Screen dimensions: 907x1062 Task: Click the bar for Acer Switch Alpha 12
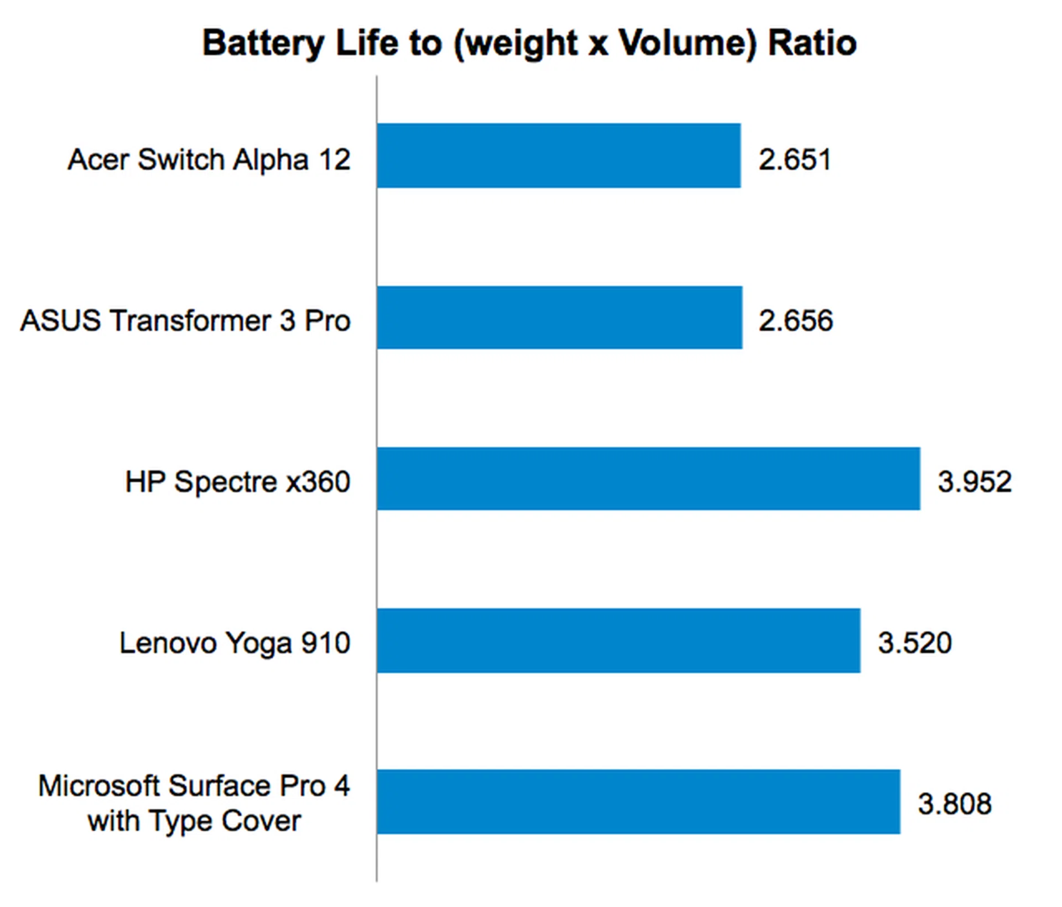[559, 155]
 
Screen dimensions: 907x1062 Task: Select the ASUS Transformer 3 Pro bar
[559, 317]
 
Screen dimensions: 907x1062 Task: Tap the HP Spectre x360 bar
[648, 478]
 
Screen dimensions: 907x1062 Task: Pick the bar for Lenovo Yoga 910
[618, 640]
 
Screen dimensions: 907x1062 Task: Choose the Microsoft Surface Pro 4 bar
[638, 801]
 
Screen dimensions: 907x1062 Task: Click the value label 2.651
[795, 159]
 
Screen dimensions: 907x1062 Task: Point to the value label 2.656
[795, 321]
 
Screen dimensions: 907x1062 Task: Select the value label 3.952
[975, 481]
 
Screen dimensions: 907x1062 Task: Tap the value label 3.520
[915, 643]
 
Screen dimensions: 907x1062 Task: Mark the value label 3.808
[955, 804]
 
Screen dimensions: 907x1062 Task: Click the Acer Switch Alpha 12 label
[209, 159]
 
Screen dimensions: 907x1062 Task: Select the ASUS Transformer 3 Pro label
[185, 321]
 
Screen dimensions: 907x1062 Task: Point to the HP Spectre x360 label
[238, 481]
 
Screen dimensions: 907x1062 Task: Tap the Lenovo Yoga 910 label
[235, 643]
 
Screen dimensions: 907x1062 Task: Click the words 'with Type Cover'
[194, 821]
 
